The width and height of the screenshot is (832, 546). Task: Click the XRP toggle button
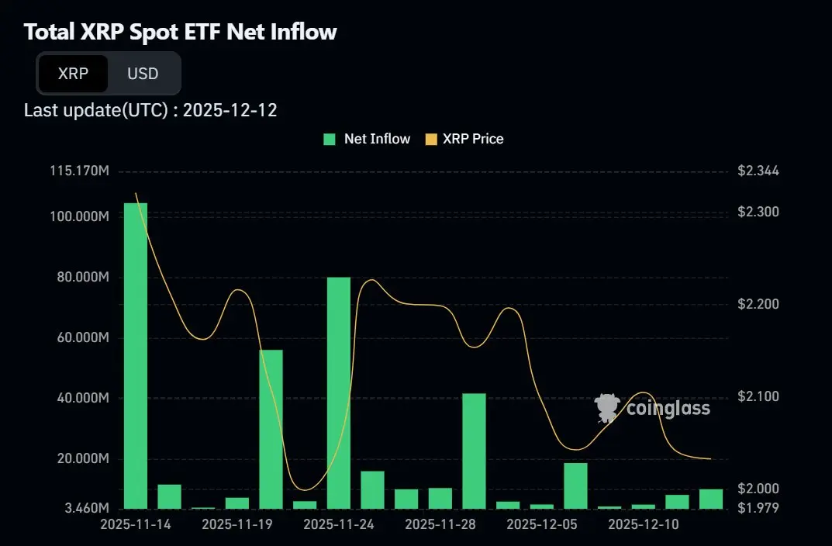(73, 74)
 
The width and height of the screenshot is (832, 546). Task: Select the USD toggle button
(143, 74)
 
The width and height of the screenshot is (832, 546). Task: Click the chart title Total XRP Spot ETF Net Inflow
(180, 32)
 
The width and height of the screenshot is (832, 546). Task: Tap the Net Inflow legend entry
(368, 139)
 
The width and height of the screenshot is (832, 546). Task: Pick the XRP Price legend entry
(464, 139)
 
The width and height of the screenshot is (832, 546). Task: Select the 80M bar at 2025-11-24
(339, 392)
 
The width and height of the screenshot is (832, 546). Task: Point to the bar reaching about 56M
(271, 429)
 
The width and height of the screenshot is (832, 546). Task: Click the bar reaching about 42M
(474, 451)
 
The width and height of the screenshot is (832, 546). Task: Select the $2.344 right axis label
(758, 170)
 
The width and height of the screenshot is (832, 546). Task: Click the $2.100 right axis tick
(758, 396)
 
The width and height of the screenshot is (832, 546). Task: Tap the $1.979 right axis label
(758, 508)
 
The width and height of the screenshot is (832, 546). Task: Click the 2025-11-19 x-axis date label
(237, 524)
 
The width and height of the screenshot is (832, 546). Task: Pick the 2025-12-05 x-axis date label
(541, 524)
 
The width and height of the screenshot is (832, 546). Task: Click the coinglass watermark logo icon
(606, 407)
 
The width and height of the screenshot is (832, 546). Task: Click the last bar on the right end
(711, 499)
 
